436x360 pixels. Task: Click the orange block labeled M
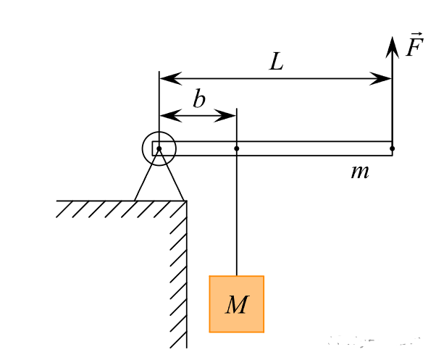point(236,304)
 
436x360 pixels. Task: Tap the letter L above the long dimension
point(277,62)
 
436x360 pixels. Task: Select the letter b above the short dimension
point(199,98)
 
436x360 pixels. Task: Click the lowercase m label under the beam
point(360,172)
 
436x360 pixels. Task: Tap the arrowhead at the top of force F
point(392,47)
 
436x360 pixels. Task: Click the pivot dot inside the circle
point(159,148)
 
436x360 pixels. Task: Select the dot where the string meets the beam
point(237,148)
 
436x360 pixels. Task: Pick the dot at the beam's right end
point(392,148)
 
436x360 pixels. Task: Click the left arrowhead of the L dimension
point(170,78)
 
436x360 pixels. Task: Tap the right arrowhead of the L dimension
point(380,78)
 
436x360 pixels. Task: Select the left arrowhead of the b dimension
point(171,115)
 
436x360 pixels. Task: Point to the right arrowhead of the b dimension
point(225,115)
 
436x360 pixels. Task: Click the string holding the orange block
point(237,213)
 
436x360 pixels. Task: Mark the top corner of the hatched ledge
point(187,201)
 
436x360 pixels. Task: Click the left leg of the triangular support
point(146,175)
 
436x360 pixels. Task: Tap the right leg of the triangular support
point(172,175)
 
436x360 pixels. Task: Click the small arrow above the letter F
point(417,34)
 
